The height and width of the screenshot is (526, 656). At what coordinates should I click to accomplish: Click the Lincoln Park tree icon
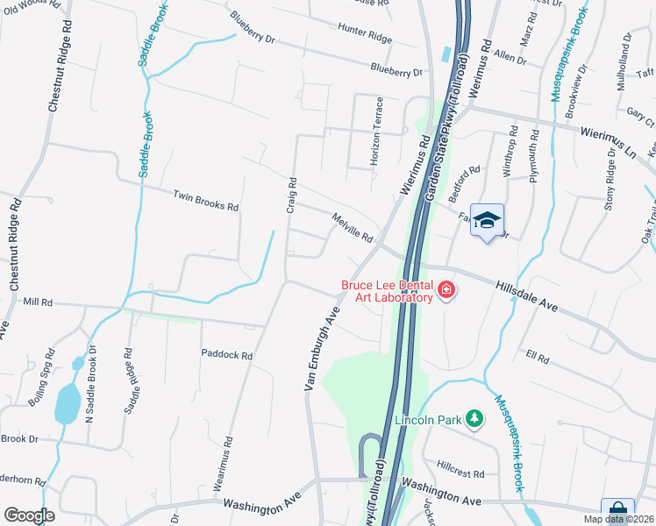pyautogui.click(x=474, y=420)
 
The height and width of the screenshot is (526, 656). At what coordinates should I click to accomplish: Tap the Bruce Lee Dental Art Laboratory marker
pyautogui.click(x=446, y=290)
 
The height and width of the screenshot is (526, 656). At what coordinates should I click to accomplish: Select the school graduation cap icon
pyautogui.click(x=488, y=220)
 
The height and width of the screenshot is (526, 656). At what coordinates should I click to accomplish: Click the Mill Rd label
pyautogui.click(x=39, y=302)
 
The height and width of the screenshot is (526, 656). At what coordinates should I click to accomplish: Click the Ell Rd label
pyautogui.click(x=537, y=358)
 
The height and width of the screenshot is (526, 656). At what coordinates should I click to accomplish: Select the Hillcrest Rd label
pyautogui.click(x=460, y=473)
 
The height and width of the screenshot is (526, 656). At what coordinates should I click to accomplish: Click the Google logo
pyautogui.click(x=29, y=515)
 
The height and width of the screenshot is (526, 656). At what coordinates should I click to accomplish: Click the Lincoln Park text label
pyautogui.click(x=427, y=420)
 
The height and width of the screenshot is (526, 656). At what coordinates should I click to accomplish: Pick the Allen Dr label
pyautogui.click(x=510, y=58)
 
